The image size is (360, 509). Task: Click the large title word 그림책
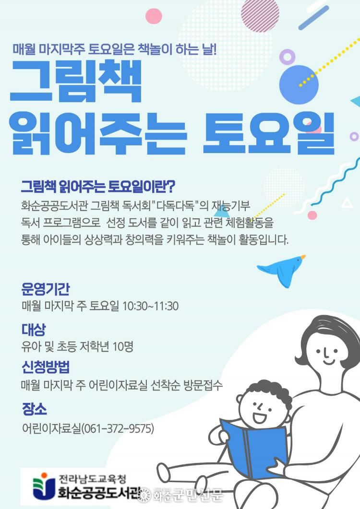[x=76, y=81]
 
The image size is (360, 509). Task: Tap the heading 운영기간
[x=46, y=289]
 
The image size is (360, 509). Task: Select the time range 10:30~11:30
[x=150, y=306]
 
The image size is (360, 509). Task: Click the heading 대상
[x=34, y=329]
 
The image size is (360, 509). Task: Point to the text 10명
[x=123, y=347]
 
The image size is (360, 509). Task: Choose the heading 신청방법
[x=46, y=367]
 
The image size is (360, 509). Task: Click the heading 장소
[x=34, y=409]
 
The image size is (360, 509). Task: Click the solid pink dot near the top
[x=153, y=16]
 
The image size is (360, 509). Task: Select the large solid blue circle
[x=299, y=85]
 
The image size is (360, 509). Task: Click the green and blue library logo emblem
[x=43, y=485]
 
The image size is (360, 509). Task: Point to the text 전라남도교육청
[x=92, y=479]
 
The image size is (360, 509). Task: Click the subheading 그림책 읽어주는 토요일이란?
[x=98, y=186]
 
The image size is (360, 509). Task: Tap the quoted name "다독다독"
[x=175, y=205]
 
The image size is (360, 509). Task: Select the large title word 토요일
[x=269, y=133]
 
